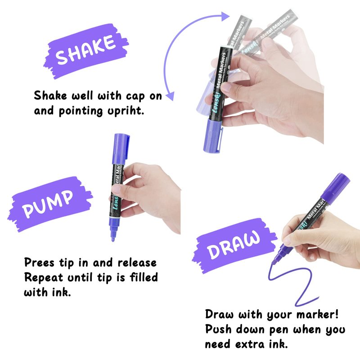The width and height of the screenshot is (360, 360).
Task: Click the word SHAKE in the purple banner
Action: pyautogui.click(x=85, y=50)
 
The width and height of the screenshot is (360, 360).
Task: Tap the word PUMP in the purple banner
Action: pyautogui.click(x=48, y=204)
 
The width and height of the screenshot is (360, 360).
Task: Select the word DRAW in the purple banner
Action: pyautogui.click(x=234, y=245)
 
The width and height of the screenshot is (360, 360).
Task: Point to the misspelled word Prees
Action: pyautogui.click(x=39, y=262)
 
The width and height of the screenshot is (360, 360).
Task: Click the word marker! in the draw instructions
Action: pyautogui.click(x=318, y=315)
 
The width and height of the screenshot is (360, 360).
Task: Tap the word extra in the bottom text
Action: pyautogui.click(x=250, y=344)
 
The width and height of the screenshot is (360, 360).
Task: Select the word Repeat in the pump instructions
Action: pyautogui.click(x=43, y=278)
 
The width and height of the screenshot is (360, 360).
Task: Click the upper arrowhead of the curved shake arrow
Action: pyautogui.click(x=225, y=17)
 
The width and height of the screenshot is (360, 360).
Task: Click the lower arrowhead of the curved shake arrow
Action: pyautogui.click(x=170, y=96)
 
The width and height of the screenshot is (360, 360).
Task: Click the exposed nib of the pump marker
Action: pyautogui.click(x=113, y=233)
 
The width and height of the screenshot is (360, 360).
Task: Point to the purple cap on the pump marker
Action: pyautogui.click(x=121, y=148)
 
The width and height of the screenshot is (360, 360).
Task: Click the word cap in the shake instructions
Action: pyautogui.click(x=135, y=96)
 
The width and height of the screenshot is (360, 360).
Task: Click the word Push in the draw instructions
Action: pyautogui.click(x=218, y=329)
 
